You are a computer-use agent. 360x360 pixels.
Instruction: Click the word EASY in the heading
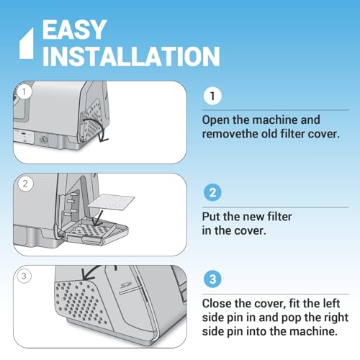click(74, 30)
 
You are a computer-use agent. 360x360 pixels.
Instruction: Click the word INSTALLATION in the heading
click(131, 56)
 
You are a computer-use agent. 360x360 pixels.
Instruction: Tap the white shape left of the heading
click(27, 43)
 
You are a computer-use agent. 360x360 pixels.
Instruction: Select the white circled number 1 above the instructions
click(212, 96)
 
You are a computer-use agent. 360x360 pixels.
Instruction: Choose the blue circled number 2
click(212, 192)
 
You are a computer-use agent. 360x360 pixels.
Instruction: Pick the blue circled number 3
click(212, 279)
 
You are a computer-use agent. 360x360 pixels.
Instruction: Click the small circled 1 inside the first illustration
click(24, 91)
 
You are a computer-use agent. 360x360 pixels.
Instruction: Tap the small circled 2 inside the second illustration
click(25, 184)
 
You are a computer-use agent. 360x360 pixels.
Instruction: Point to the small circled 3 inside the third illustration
click(24, 276)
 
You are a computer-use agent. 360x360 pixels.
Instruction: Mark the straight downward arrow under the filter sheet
click(99, 218)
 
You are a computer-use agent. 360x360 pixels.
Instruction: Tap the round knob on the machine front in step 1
click(43, 140)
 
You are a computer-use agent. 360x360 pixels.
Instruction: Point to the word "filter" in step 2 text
click(279, 216)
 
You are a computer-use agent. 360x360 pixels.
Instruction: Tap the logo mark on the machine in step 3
click(125, 285)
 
